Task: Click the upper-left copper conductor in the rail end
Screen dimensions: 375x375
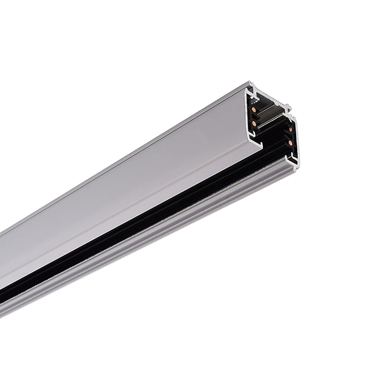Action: click(x=254, y=110)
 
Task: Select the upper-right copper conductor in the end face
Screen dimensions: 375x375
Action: click(x=291, y=130)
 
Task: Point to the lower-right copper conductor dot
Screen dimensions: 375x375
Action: click(x=290, y=143)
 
